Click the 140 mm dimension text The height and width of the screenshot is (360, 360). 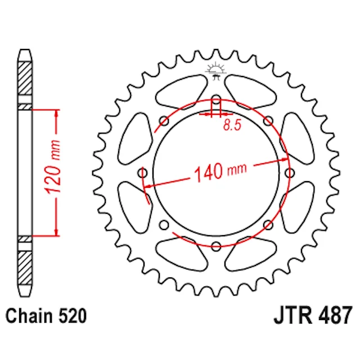tap(220, 172)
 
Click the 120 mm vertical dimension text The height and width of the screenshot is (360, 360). tap(53, 166)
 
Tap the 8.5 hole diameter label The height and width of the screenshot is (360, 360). tap(232, 125)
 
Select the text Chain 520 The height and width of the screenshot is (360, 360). tap(46, 316)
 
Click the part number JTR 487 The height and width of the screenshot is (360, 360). tap(313, 315)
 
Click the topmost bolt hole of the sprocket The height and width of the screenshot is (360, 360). tap(216, 100)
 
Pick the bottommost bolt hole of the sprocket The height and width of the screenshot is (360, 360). tap(216, 246)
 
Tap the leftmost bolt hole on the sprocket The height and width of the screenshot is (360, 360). tap(142, 173)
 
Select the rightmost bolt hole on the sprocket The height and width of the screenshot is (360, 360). tap(290, 173)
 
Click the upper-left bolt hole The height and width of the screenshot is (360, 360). tap(164, 121)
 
